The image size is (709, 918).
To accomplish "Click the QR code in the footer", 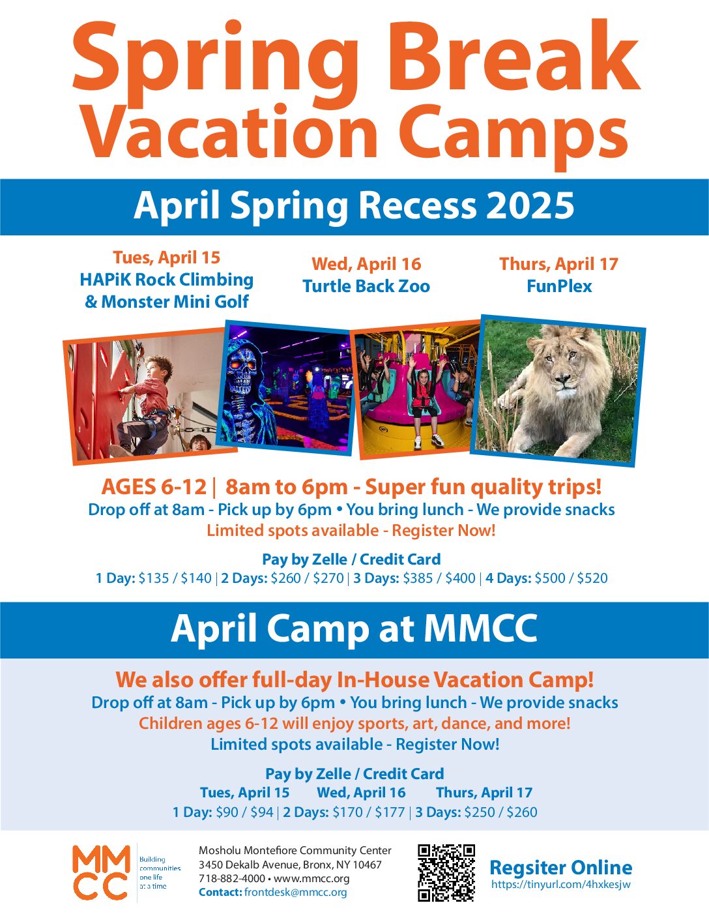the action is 446,873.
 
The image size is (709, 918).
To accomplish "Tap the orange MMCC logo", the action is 101,872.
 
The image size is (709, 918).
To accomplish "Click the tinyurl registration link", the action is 561,885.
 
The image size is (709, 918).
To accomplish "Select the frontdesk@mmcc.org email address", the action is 296,892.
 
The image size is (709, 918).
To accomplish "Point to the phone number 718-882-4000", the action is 232,878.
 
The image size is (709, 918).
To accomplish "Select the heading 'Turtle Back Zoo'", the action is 366,286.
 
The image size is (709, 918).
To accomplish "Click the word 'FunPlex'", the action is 559,286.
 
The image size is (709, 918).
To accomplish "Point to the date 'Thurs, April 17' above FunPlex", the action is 558,264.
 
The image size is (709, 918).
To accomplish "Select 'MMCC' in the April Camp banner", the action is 480,629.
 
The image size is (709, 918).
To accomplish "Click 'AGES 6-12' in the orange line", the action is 154,486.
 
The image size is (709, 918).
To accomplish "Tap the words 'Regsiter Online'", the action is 561,867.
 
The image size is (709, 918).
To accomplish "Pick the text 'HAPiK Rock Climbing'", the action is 167,280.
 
